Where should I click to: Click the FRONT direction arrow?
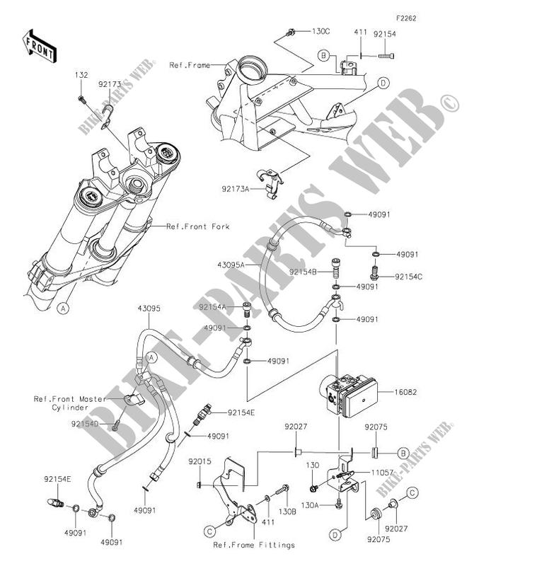[x=39, y=46]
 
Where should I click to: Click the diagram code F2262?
[x=406, y=18]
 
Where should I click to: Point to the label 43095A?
[x=231, y=265]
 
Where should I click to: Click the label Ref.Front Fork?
[x=198, y=226]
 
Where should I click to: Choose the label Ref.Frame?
[x=190, y=65]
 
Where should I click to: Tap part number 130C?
[x=321, y=31]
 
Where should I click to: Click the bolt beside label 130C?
[x=290, y=33]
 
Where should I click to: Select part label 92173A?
[x=236, y=189]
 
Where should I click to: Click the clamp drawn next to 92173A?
[x=270, y=184]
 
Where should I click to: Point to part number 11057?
[x=383, y=473]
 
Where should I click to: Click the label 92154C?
[x=408, y=277]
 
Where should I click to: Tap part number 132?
[x=81, y=75]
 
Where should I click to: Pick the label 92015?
[x=200, y=461]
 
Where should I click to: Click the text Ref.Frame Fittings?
[x=254, y=545]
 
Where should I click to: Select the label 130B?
[x=287, y=512]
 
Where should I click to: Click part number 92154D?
[x=85, y=424]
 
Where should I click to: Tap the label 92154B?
[x=303, y=272]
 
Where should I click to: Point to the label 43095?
[x=149, y=308]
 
